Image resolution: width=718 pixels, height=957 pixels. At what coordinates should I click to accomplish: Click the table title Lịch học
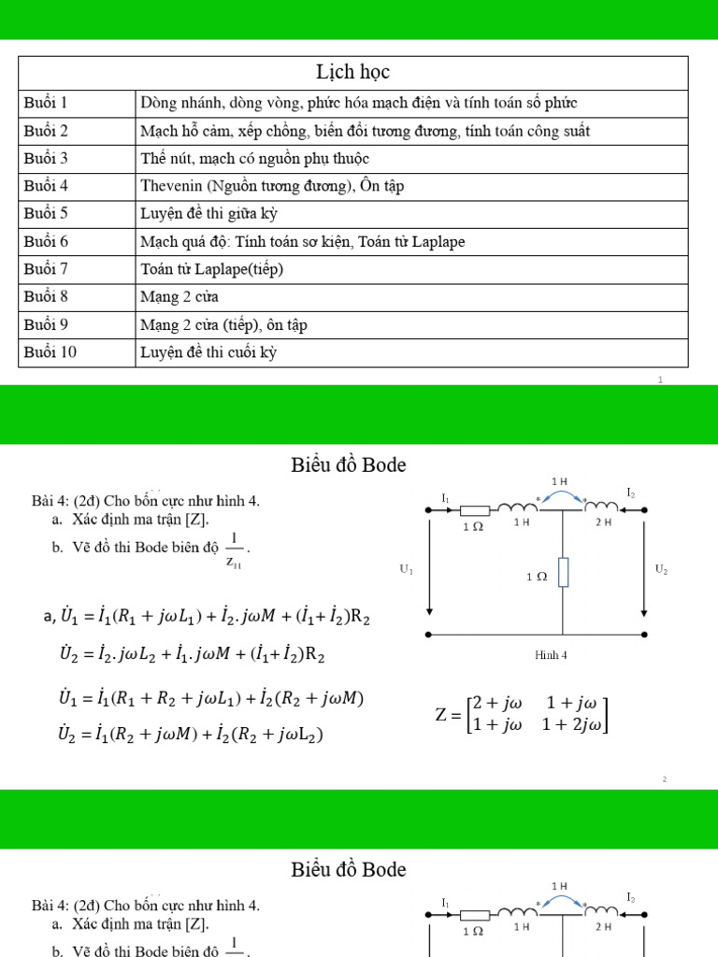[353, 72]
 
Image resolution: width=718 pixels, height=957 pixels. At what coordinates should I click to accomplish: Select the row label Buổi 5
[46, 213]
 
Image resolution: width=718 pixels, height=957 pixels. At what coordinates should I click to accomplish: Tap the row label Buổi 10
[50, 352]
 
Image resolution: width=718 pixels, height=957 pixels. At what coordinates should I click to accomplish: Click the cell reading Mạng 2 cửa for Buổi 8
[179, 297]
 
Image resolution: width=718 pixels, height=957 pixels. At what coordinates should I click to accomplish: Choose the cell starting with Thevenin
[272, 186]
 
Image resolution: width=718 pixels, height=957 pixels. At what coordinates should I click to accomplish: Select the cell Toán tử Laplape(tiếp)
[211, 269]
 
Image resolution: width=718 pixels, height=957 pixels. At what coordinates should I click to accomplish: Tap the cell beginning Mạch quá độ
[302, 241]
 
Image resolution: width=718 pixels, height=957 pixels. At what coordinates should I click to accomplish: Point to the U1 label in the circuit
[407, 569]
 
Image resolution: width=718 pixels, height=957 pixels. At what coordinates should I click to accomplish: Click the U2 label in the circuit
[661, 568]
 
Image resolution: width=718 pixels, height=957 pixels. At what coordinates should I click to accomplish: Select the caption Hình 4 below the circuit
[552, 655]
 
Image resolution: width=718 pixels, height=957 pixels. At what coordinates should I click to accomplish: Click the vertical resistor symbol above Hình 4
[563, 572]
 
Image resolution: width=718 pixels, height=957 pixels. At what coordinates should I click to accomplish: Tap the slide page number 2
[664, 778]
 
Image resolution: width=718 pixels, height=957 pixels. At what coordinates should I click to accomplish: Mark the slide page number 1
[660, 380]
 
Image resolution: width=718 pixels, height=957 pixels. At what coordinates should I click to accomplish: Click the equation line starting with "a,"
[210, 618]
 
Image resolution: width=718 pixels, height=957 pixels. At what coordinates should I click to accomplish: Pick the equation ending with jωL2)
[191, 736]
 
